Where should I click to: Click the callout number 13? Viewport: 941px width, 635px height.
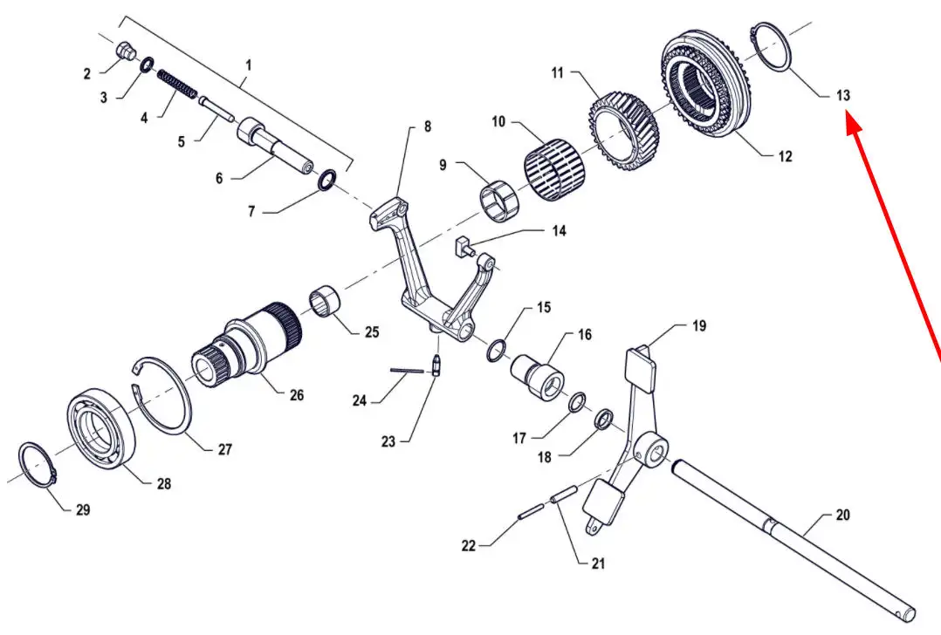coord(842,95)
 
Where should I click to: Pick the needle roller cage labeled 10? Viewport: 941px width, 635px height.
coord(553,165)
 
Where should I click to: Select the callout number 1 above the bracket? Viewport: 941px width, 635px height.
coord(248,65)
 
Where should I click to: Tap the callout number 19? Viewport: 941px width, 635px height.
coord(699,326)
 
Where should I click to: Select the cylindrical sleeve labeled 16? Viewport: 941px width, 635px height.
coord(539,376)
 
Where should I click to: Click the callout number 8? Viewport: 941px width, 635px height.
coord(427,126)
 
